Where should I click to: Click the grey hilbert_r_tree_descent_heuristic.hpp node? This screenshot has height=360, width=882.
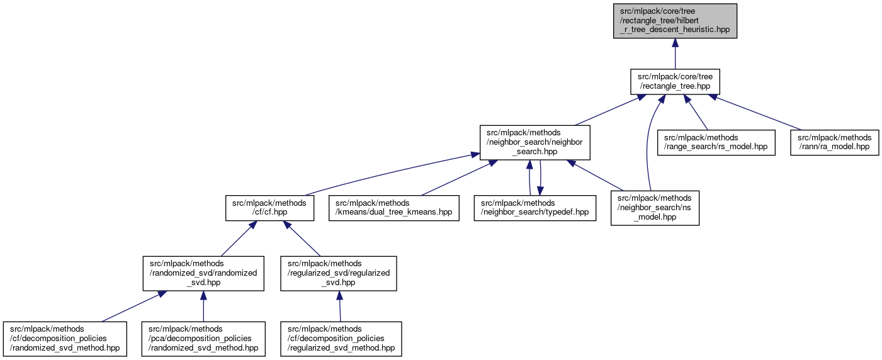click(x=675, y=21)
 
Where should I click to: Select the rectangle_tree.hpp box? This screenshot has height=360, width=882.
click(x=675, y=81)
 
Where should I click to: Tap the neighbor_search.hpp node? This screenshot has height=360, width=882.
click(x=534, y=143)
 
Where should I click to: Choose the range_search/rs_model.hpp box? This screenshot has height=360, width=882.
click(x=715, y=142)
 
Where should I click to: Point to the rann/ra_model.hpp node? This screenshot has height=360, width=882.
click(x=835, y=142)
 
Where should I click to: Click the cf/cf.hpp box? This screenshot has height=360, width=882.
click(x=269, y=208)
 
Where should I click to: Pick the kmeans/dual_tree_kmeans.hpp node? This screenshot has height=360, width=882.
click(x=393, y=208)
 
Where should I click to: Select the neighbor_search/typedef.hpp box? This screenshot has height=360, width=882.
click(x=534, y=208)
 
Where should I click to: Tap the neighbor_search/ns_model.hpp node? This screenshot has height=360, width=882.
click(x=655, y=208)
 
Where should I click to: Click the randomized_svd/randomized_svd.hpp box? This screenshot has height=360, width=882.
click(x=203, y=273)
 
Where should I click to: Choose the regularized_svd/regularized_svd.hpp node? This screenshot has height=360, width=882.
click(x=339, y=273)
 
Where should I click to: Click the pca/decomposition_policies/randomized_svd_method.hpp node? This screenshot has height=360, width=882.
click(x=203, y=339)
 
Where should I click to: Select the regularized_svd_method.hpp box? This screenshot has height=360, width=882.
click(x=341, y=339)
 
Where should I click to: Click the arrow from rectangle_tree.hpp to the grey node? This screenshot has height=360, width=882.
click(x=675, y=53)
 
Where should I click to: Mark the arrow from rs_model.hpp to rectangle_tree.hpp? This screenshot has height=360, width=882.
click(x=697, y=113)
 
